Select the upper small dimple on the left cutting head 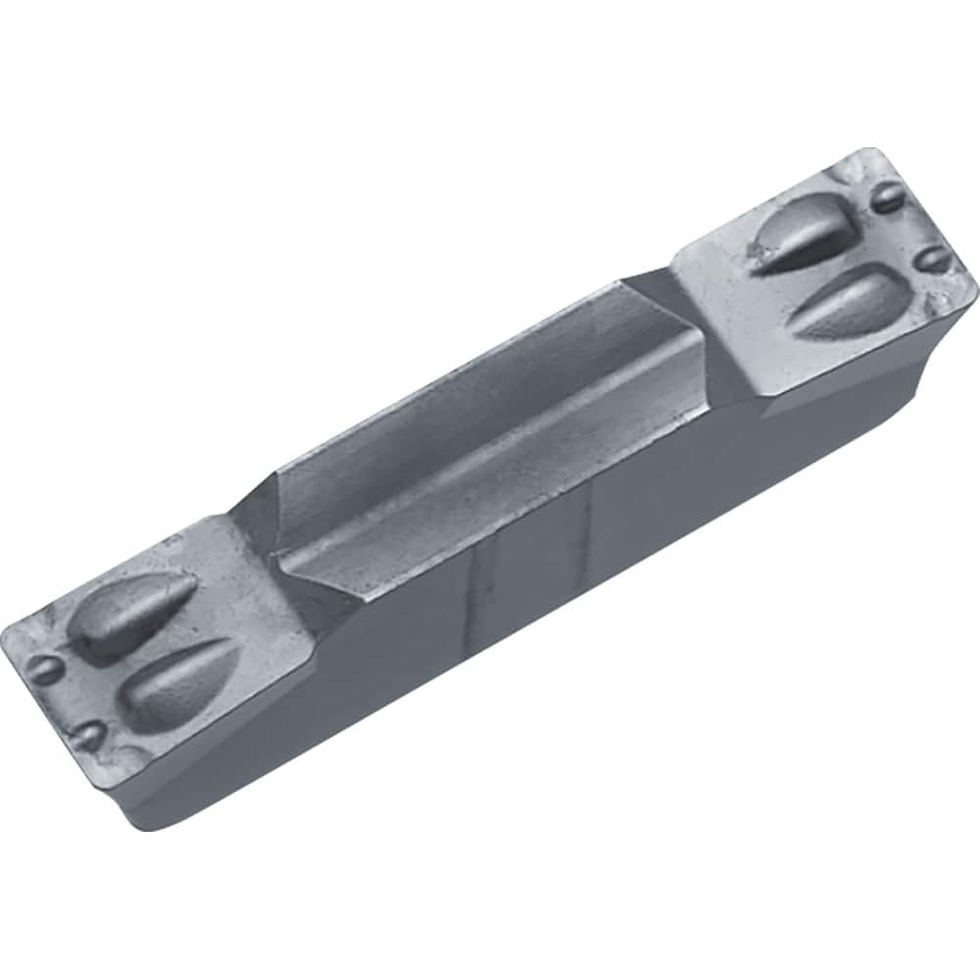tap(44, 669)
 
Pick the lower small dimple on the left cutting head tap(89, 734)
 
